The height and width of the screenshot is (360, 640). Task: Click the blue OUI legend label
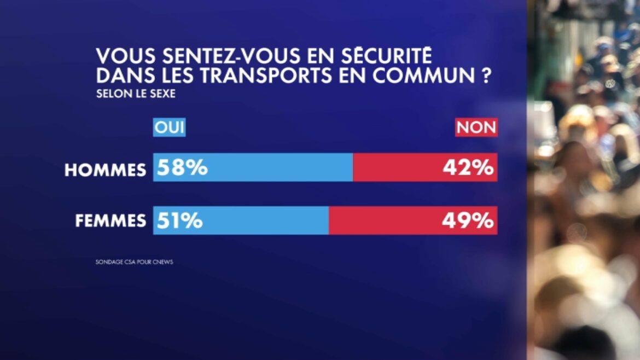170,128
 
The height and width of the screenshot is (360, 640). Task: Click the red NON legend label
476,128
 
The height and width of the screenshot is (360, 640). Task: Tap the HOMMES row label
106,170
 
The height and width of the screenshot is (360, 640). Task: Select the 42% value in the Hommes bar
468,168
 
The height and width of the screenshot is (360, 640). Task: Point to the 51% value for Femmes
180,220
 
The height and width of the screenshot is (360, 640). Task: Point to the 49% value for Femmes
468,220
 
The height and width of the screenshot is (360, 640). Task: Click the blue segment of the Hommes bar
274,167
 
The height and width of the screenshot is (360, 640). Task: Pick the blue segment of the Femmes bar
263,220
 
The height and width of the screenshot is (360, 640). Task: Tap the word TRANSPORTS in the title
283,76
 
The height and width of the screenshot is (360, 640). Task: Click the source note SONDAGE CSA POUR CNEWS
134,262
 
